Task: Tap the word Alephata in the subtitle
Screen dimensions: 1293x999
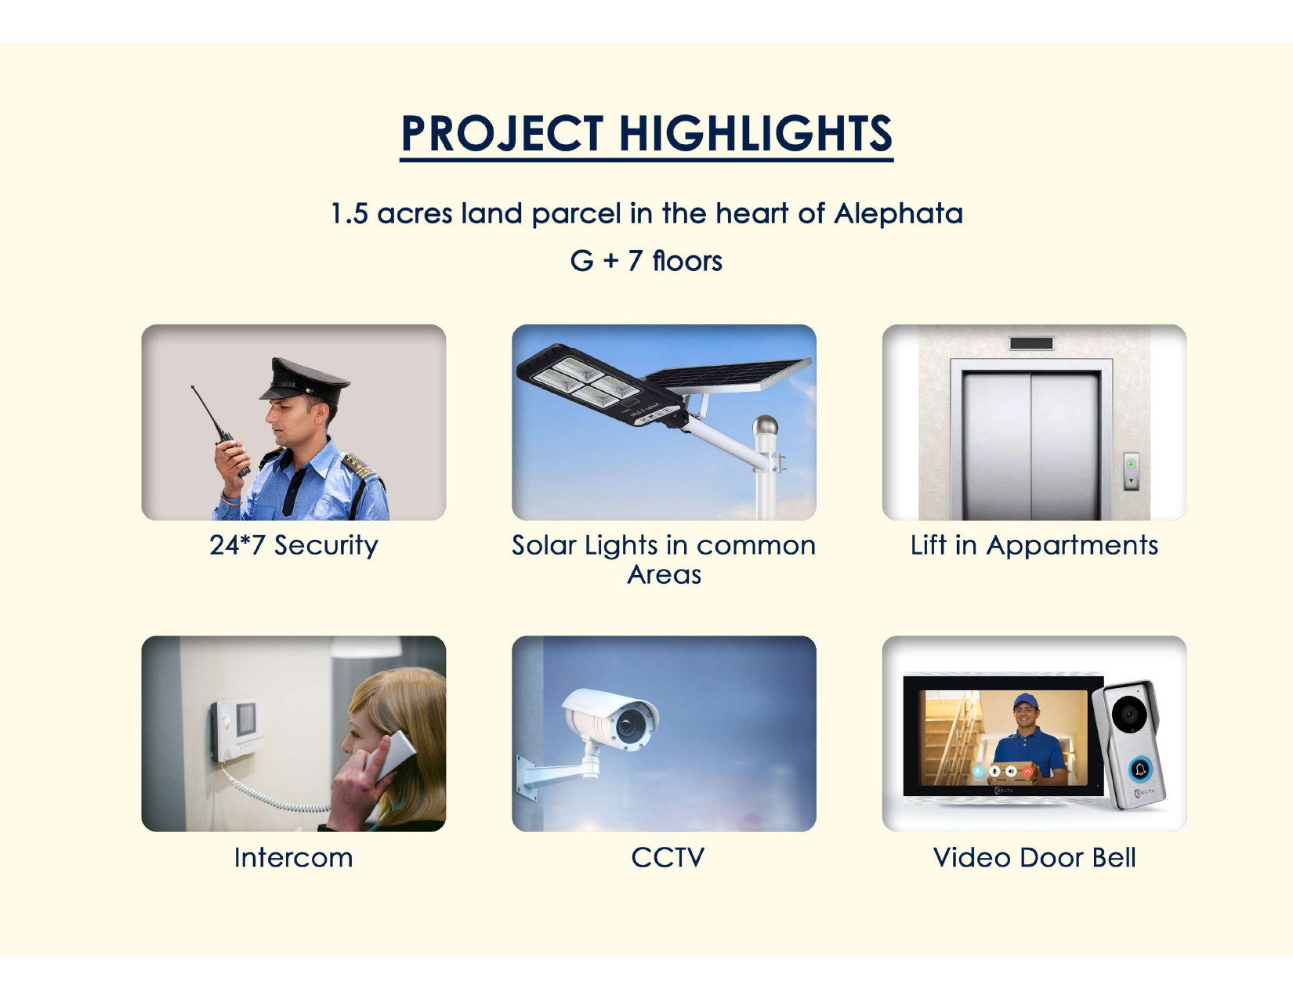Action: [898, 214]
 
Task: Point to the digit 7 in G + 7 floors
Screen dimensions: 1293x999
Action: [635, 261]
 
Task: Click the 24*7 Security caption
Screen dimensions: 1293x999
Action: [293, 545]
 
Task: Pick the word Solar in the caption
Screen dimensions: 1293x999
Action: [543, 545]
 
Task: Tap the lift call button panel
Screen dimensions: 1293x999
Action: [1131, 471]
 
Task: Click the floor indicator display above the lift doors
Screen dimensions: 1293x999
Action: [1031, 343]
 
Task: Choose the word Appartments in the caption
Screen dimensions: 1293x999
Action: [1072, 546]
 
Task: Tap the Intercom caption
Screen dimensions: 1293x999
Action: [293, 857]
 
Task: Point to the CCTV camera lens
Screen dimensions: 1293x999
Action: [627, 725]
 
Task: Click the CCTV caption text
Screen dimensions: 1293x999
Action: [668, 857]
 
